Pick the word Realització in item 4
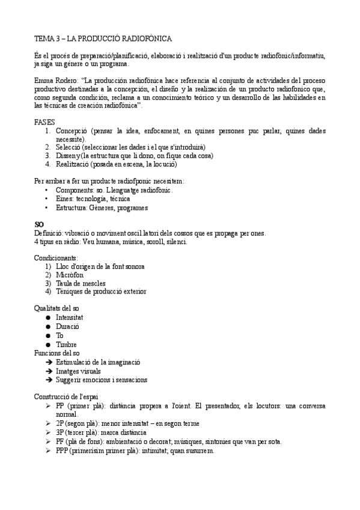(73, 164)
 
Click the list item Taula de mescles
(81, 283)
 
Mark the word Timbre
(66, 344)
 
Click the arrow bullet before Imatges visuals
(48, 371)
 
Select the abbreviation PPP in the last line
(63, 451)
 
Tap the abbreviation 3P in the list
(60, 432)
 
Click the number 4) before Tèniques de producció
(48, 291)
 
